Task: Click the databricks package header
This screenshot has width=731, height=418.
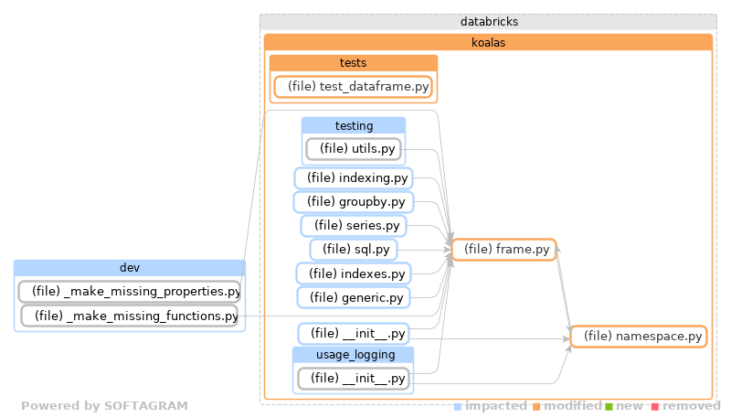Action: click(x=486, y=21)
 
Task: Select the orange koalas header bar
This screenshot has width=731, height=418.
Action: click(x=488, y=42)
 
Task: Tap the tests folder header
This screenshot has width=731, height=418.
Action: click(x=353, y=63)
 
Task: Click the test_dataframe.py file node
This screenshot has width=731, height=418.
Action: click(x=353, y=87)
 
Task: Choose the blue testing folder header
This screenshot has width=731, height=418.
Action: click(x=353, y=125)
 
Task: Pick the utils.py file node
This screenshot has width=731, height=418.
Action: click(x=353, y=148)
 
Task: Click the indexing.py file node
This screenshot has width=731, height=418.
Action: click(x=353, y=177)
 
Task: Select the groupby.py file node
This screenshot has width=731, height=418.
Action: click(x=353, y=201)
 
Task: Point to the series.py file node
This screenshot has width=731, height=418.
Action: click(x=353, y=225)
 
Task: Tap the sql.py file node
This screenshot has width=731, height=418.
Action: click(x=353, y=249)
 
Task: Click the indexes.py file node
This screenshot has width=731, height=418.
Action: click(x=353, y=273)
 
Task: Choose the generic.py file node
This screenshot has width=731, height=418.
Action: click(x=353, y=296)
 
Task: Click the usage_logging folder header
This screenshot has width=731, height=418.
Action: click(x=353, y=354)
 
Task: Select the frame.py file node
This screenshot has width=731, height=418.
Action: click(x=503, y=249)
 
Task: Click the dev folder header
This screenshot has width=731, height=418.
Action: click(x=129, y=267)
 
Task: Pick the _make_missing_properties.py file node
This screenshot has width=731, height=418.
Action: click(x=129, y=292)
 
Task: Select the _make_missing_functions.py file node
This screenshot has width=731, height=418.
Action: click(x=129, y=316)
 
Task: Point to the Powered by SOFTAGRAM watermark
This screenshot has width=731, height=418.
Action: click(x=104, y=406)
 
